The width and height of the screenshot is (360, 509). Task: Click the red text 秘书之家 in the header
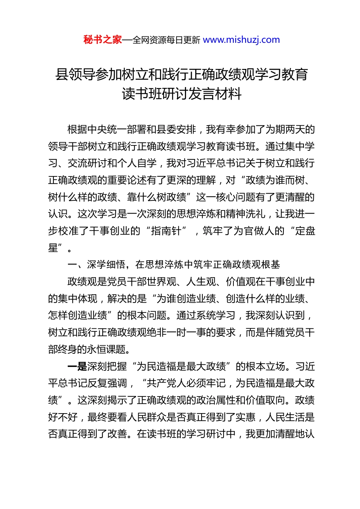pos(103,40)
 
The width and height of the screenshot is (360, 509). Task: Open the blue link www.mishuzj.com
pos(241,40)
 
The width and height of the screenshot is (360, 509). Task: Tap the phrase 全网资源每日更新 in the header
pos(166,40)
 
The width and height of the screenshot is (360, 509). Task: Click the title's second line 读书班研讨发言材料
pos(182,94)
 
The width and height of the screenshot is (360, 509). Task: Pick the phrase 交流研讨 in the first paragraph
pos(88,163)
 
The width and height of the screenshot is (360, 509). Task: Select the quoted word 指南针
pos(166,231)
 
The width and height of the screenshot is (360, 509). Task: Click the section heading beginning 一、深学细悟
pos(174,265)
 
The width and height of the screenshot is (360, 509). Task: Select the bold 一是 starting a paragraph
pos(77,366)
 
